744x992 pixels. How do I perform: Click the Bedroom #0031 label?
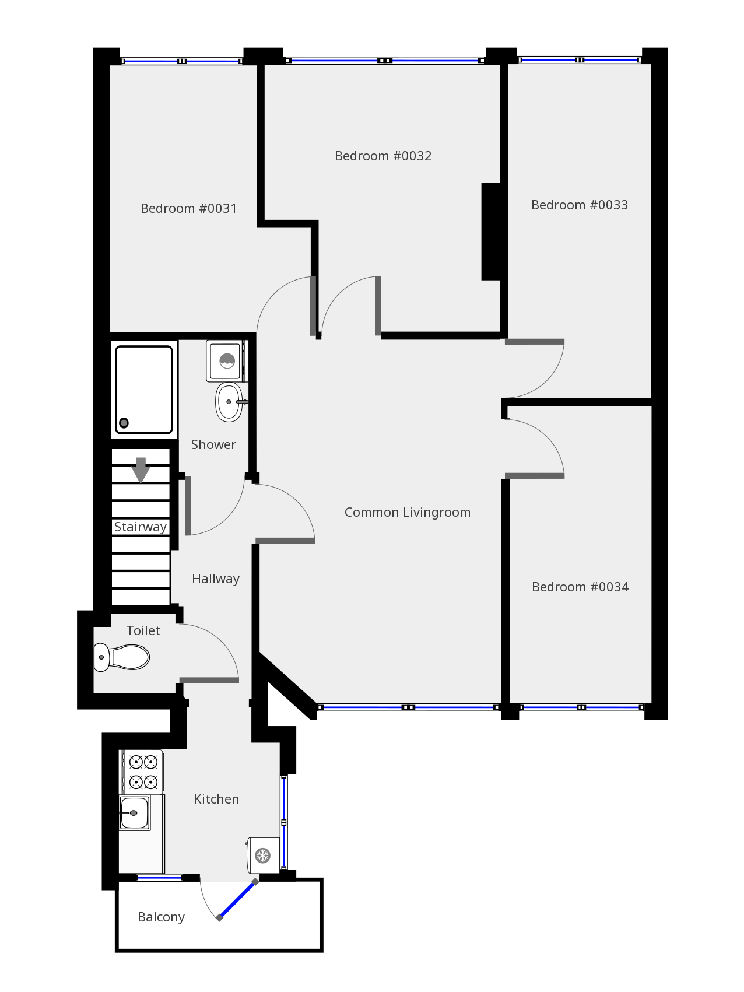[x=189, y=208]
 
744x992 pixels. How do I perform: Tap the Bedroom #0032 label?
[x=383, y=156]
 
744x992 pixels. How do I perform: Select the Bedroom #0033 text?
[x=580, y=205]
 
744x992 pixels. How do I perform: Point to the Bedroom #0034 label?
[x=580, y=587]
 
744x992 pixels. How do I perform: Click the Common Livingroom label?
[x=408, y=512]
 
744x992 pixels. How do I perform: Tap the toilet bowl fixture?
[x=121, y=657]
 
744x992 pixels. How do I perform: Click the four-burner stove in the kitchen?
[x=142, y=772]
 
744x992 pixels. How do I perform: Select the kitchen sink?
[x=135, y=813]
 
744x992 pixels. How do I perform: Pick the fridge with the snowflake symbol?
[x=264, y=856]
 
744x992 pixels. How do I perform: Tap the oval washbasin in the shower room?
[x=230, y=402]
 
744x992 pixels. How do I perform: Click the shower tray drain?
[x=124, y=423]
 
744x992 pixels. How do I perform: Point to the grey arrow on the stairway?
[x=141, y=470]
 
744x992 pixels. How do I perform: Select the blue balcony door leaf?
[x=237, y=900]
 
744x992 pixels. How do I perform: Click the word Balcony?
[x=161, y=917]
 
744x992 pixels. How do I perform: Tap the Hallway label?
[x=216, y=579]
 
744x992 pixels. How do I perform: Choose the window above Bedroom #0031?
[x=182, y=61]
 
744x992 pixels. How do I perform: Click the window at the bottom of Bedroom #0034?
[x=581, y=707]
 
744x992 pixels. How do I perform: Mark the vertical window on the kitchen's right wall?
[x=284, y=822]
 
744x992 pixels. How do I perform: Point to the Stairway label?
[x=141, y=527]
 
